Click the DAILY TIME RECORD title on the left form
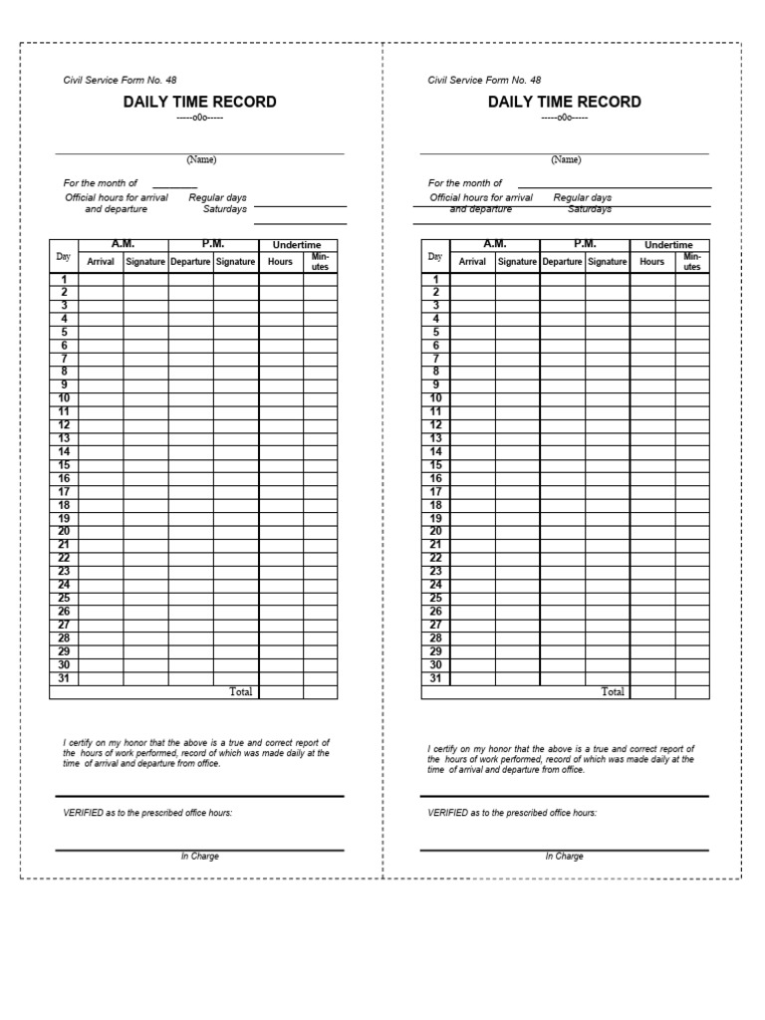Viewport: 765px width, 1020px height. [x=199, y=102]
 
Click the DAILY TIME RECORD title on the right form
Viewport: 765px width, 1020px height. [x=564, y=102]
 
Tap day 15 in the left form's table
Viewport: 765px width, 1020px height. [x=64, y=465]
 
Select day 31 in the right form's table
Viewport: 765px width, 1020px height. [x=434, y=678]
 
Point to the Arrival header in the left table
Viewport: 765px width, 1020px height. [x=102, y=262]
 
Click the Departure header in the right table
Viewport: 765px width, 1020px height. [x=562, y=262]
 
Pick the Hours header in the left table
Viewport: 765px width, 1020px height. [x=281, y=262]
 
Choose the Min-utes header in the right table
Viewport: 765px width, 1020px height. [x=691, y=262]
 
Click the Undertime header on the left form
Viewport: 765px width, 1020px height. [x=298, y=245]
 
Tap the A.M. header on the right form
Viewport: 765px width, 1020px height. [x=494, y=244]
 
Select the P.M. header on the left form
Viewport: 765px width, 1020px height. [x=213, y=244]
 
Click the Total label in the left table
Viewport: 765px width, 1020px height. [x=241, y=691]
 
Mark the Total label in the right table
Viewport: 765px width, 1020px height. [x=613, y=691]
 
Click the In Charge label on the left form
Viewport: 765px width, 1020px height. [x=199, y=857]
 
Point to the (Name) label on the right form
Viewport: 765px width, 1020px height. [x=566, y=159]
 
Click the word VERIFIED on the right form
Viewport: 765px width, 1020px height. [x=448, y=813]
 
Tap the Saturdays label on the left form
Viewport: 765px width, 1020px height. [x=225, y=209]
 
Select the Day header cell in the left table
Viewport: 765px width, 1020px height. [x=64, y=257]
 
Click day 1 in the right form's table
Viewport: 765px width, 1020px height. [x=434, y=279]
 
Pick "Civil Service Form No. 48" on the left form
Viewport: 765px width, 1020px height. [x=121, y=80]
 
